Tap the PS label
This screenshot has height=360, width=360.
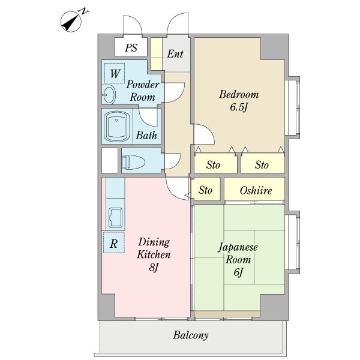click(131, 48)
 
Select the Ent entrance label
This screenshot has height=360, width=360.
click(175, 54)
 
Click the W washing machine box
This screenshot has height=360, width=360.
click(115, 73)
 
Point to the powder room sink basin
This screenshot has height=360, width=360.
click(109, 94)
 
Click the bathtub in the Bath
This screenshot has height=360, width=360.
click(116, 127)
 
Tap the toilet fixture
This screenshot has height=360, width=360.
click(133, 162)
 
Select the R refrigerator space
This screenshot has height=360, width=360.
click(114, 242)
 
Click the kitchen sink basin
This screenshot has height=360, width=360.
click(115, 217)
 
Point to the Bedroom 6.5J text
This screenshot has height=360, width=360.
click(239, 101)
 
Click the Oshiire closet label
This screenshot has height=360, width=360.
click(256, 190)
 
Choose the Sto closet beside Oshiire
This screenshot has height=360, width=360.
click(206, 190)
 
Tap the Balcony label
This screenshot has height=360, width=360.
click(191, 335)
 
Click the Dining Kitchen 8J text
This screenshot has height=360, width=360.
click(154, 254)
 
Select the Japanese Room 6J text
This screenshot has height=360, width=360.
click(238, 259)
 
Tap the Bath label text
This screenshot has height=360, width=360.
click(146, 135)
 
